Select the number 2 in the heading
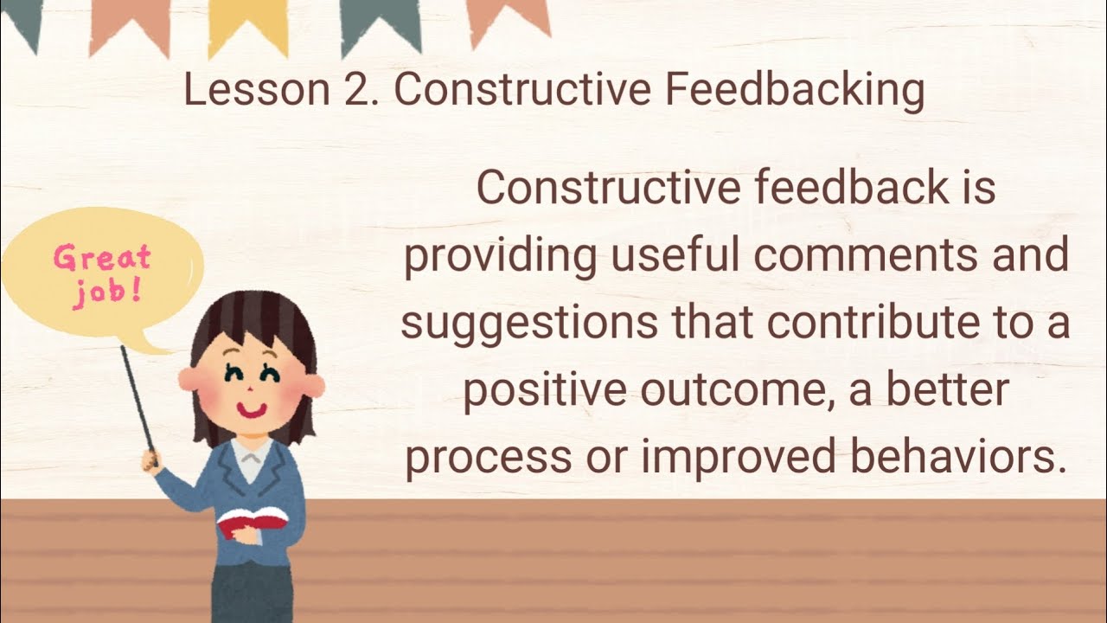(x=355, y=90)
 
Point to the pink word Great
(x=102, y=258)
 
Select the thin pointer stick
(x=138, y=397)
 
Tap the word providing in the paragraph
(x=500, y=257)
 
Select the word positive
(x=544, y=391)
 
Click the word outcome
(x=746, y=391)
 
